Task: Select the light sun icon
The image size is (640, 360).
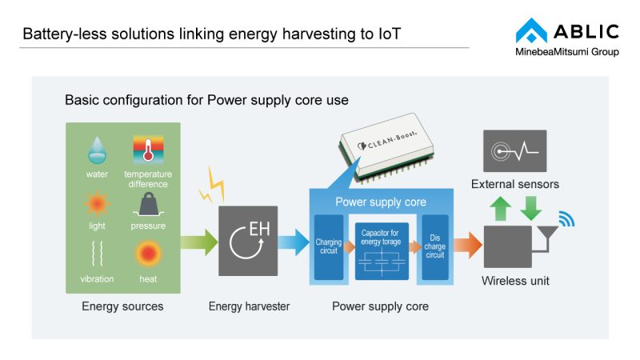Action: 97,204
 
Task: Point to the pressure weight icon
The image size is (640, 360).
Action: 148,205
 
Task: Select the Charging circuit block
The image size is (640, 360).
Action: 328,247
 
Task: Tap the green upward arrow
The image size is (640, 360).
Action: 501,210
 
